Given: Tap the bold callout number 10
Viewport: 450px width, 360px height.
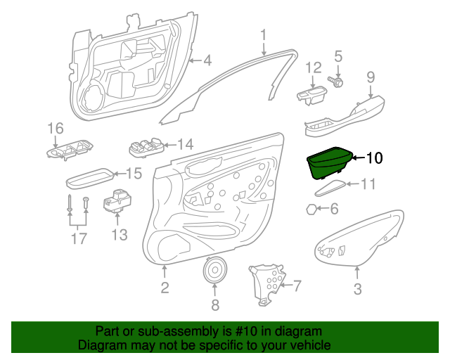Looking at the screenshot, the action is point(375,158).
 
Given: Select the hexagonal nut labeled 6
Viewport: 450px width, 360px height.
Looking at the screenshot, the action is point(311,210).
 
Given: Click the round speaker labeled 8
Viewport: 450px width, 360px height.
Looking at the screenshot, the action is point(215,269).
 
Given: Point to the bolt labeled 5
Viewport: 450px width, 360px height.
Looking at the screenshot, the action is point(335,82).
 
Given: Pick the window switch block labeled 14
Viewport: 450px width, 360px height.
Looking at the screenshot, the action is point(146,147).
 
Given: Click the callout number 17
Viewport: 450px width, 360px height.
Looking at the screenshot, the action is point(79,238).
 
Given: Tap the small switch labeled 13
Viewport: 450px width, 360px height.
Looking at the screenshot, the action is point(117,201).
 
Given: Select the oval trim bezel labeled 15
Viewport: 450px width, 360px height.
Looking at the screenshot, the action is point(90,179).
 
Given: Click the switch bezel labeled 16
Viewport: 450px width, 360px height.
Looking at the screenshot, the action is point(70,150).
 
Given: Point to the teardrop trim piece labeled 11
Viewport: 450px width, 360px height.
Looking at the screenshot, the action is point(330,188).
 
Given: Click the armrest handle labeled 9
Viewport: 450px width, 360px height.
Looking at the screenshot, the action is point(345,116).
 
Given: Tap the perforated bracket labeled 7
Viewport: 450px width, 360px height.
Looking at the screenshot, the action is point(266,284).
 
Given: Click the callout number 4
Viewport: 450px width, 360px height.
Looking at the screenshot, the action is point(207,60).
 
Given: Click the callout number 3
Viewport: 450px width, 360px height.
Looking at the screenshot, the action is point(357,288).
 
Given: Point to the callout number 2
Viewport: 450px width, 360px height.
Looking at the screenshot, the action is point(165,287).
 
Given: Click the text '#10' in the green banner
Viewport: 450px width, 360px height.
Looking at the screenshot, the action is point(247,331).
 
